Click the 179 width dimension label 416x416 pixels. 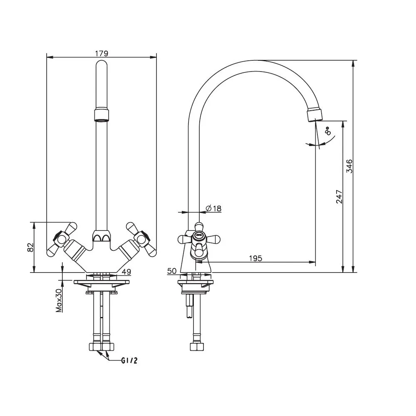point(102,53)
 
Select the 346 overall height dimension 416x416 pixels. point(350,166)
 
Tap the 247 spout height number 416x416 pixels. point(339,197)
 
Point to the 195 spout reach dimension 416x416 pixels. point(255,258)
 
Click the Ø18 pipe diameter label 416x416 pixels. point(213,208)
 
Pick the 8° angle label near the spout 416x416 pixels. point(328,131)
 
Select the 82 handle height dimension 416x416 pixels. point(31,247)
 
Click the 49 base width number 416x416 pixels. point(126,272)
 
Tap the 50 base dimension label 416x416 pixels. point(172,271)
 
